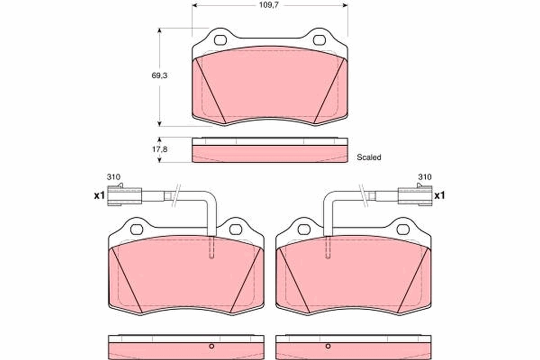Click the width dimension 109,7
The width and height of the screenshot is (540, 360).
coord(270,5)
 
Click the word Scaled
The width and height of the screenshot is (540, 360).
coord(369,157)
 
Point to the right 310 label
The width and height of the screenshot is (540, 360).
coord(424,177)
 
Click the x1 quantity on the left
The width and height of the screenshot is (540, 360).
coord(99,195)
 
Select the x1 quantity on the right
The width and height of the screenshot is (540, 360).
coord(439,195)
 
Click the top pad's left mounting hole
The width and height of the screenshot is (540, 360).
coord(220,40)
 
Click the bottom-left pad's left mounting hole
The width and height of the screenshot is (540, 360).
coord(136,229)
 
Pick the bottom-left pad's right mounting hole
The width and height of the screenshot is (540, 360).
coord(235,229)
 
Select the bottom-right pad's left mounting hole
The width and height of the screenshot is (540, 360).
coord(304,229)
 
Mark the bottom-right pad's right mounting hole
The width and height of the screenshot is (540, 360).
coord(403,229)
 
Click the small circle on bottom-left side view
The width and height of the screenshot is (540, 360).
coord(211,346)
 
